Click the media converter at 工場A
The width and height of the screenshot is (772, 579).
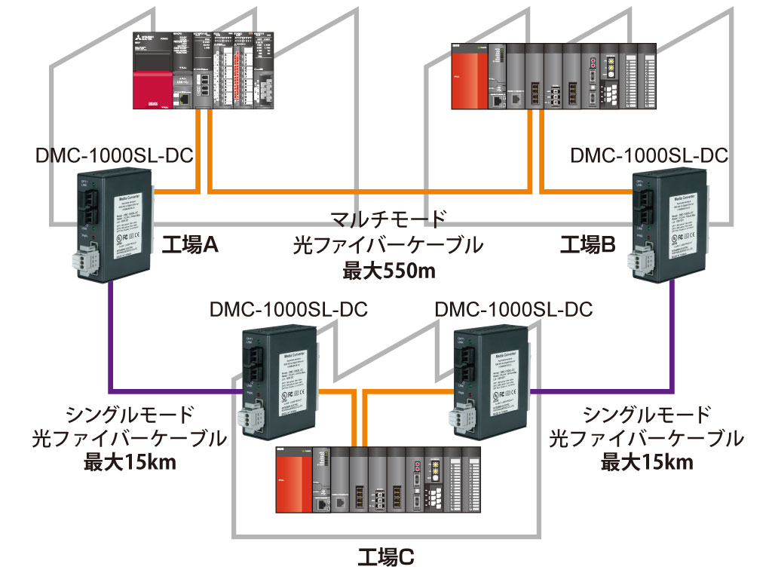point(113,226)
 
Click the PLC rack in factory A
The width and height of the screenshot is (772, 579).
point(204,72)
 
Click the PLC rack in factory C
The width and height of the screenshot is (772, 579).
point(377,482)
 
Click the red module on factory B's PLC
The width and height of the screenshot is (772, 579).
point(468,77)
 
